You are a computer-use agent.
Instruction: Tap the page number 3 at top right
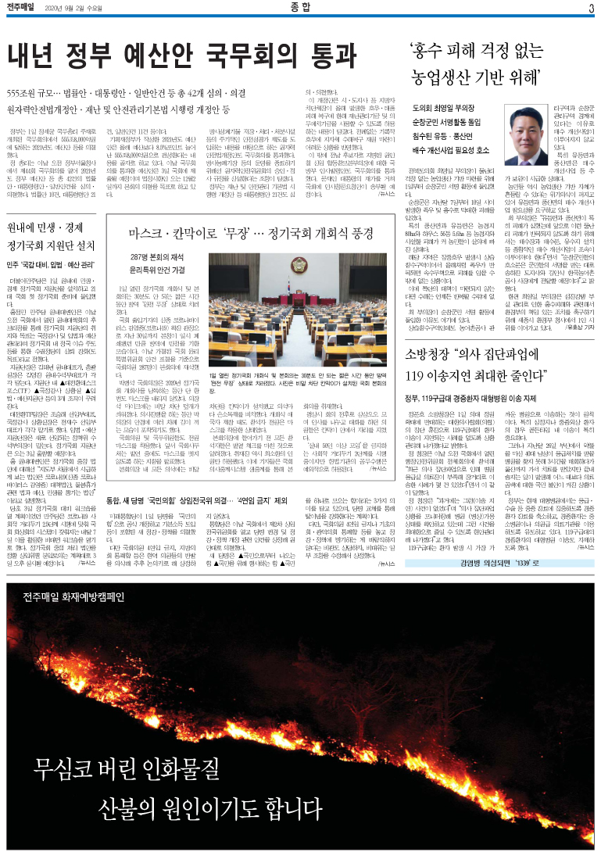coord(592,9)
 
